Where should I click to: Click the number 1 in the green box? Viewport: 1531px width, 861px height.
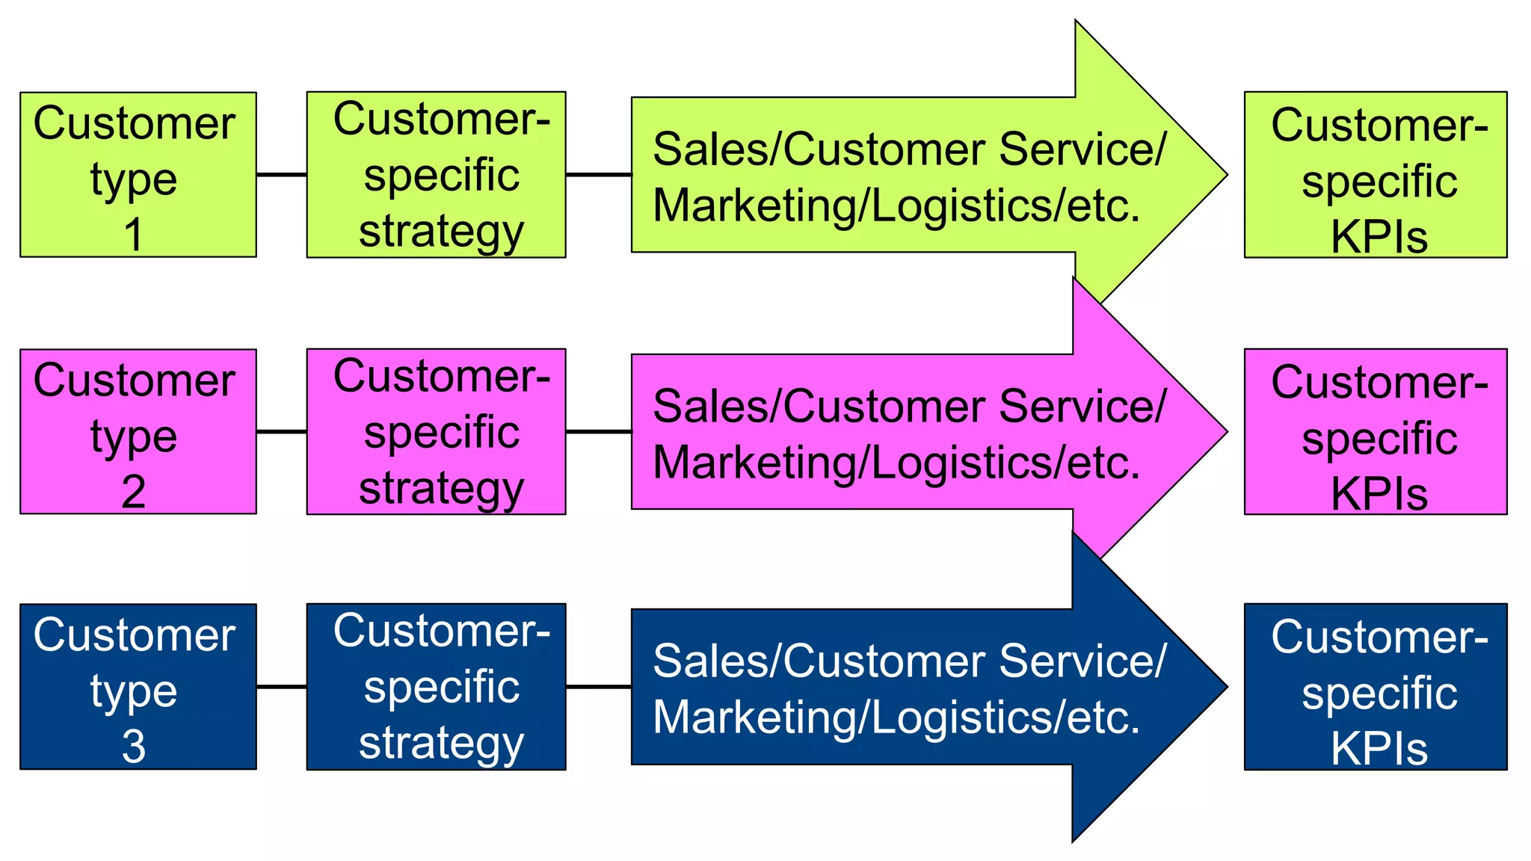(x=134, y=235)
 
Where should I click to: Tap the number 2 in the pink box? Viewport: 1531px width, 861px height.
(x=134, y=492)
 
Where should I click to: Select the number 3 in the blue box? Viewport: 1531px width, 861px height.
(x=134, y=747)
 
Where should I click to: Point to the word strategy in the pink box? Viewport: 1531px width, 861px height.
(x=441, y=489)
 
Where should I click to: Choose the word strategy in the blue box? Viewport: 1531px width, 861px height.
(x=441, y=744)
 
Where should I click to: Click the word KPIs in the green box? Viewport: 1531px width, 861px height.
(x=1379, y=237)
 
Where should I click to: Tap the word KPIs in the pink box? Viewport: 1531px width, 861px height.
(x=1379, y=494)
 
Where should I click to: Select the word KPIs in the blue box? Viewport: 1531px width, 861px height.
(x=1379, y=749)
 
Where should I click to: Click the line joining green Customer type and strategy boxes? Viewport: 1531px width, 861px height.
(x=281, y=175)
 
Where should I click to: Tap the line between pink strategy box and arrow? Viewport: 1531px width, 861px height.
(x=598, y=431)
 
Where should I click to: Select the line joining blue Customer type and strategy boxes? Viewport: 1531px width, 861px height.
(x=281, y=686)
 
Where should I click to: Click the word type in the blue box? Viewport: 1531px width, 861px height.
(x=134, y=692)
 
